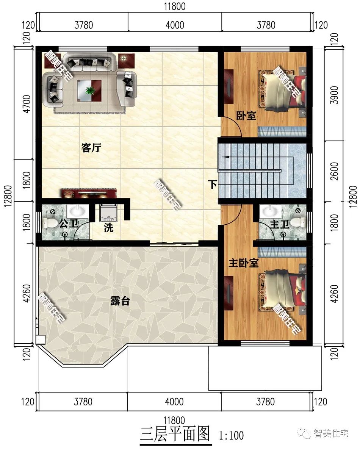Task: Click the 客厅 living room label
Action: pos(91,148)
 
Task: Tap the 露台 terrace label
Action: pos(120,301)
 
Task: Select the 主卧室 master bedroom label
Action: pos(243,263)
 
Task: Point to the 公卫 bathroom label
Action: pos(69,223)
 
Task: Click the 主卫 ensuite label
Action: pos(279,224)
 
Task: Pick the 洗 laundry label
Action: pos(108,228)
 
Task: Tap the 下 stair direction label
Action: pos(212,184)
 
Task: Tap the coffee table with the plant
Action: pos(89,90)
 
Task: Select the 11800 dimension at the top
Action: pos(175,6)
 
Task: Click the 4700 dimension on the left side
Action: pos(27,104)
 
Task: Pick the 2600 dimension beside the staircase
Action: pos(334,171)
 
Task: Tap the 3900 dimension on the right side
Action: pos(334,95)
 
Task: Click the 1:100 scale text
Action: pos(232,435)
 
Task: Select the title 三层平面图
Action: pos(175,434)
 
